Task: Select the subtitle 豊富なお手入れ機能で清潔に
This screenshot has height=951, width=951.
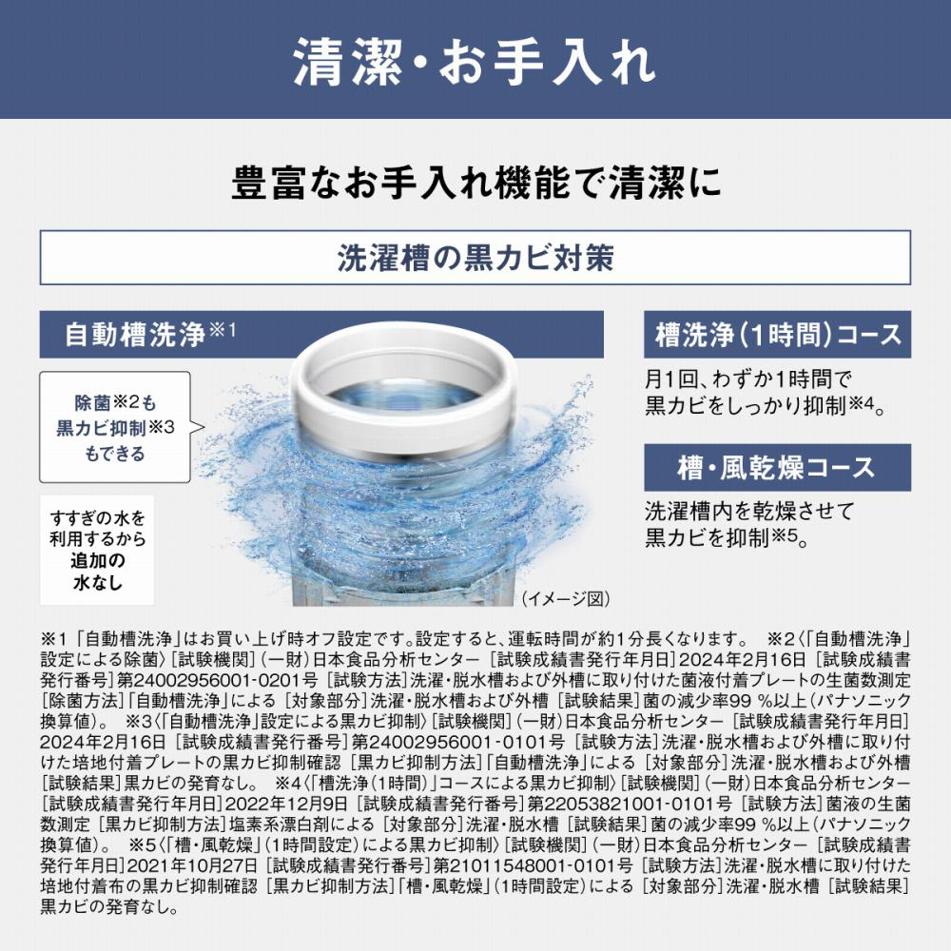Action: coord(476,182)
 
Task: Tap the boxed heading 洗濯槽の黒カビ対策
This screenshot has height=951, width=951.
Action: coord(475,257)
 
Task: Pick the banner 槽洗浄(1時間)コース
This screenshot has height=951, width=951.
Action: coord(778,335)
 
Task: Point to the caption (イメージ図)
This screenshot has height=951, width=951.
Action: coord(566,598)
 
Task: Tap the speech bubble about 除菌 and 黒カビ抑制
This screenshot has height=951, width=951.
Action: coord(115,428)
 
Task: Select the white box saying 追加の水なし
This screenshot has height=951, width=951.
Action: coord(97,550)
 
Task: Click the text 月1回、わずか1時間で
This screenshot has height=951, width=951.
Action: coord(748,379)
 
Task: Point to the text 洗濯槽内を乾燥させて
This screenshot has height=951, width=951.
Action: coord(749,512)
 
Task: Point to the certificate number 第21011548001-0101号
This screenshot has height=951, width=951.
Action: coord(534,865)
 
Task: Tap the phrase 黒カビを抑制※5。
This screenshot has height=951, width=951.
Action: coord(727,537)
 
